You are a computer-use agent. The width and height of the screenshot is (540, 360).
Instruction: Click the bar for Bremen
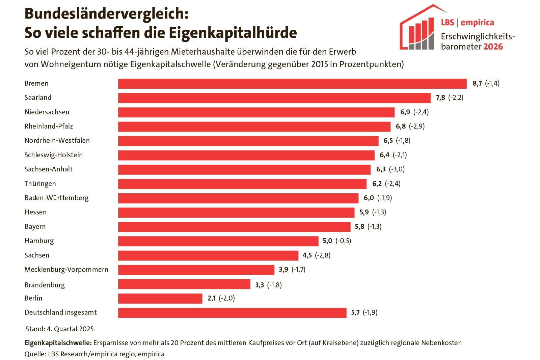coord(292,84)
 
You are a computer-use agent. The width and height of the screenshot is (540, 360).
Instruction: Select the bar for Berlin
coord(160,299)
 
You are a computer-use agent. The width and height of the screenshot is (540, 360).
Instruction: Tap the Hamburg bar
coord(218,241)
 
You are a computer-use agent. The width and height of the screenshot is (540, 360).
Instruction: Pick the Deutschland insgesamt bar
coord(232,313)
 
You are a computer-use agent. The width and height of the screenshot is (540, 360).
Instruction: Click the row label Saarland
coord(38,98)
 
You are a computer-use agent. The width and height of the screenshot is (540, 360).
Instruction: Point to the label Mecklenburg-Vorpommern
coord(66,270)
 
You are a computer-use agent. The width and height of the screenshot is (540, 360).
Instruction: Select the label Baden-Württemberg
coord(56,198)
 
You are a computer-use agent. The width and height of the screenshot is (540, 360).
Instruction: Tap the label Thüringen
coord(40,184)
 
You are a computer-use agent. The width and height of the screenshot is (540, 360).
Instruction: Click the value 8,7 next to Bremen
coord(477,83)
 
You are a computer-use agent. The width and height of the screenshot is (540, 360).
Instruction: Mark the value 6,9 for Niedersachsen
coord(405,112)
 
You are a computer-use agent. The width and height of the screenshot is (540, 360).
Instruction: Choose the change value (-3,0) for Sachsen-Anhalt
coord(397,169)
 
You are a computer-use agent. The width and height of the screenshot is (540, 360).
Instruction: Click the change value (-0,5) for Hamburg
coord(343,241)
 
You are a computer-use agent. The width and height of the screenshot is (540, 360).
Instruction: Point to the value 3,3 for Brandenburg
coord(259,285)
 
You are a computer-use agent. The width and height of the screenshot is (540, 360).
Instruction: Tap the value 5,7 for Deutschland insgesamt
coord(355,313)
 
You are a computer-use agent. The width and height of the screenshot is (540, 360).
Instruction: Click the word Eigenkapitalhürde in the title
coord(233,33)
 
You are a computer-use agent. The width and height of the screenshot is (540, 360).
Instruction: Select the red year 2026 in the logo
coord(493,47)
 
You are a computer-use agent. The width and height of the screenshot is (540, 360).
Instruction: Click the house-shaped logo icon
coord(418,30)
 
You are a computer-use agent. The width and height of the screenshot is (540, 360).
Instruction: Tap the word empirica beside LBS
coord(477,23)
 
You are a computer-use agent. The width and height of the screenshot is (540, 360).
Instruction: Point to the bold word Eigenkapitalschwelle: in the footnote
coord(58,343)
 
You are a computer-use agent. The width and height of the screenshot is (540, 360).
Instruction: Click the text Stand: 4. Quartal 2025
coord(59,329)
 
